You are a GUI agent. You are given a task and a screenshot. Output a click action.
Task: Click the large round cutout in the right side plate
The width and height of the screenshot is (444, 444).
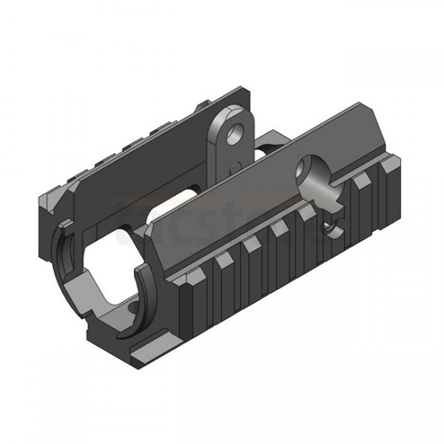pyautogui.click(x=314, y=176)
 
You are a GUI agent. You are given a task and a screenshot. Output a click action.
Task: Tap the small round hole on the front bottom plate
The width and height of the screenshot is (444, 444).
pyautogui.click(x=133, y=305)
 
